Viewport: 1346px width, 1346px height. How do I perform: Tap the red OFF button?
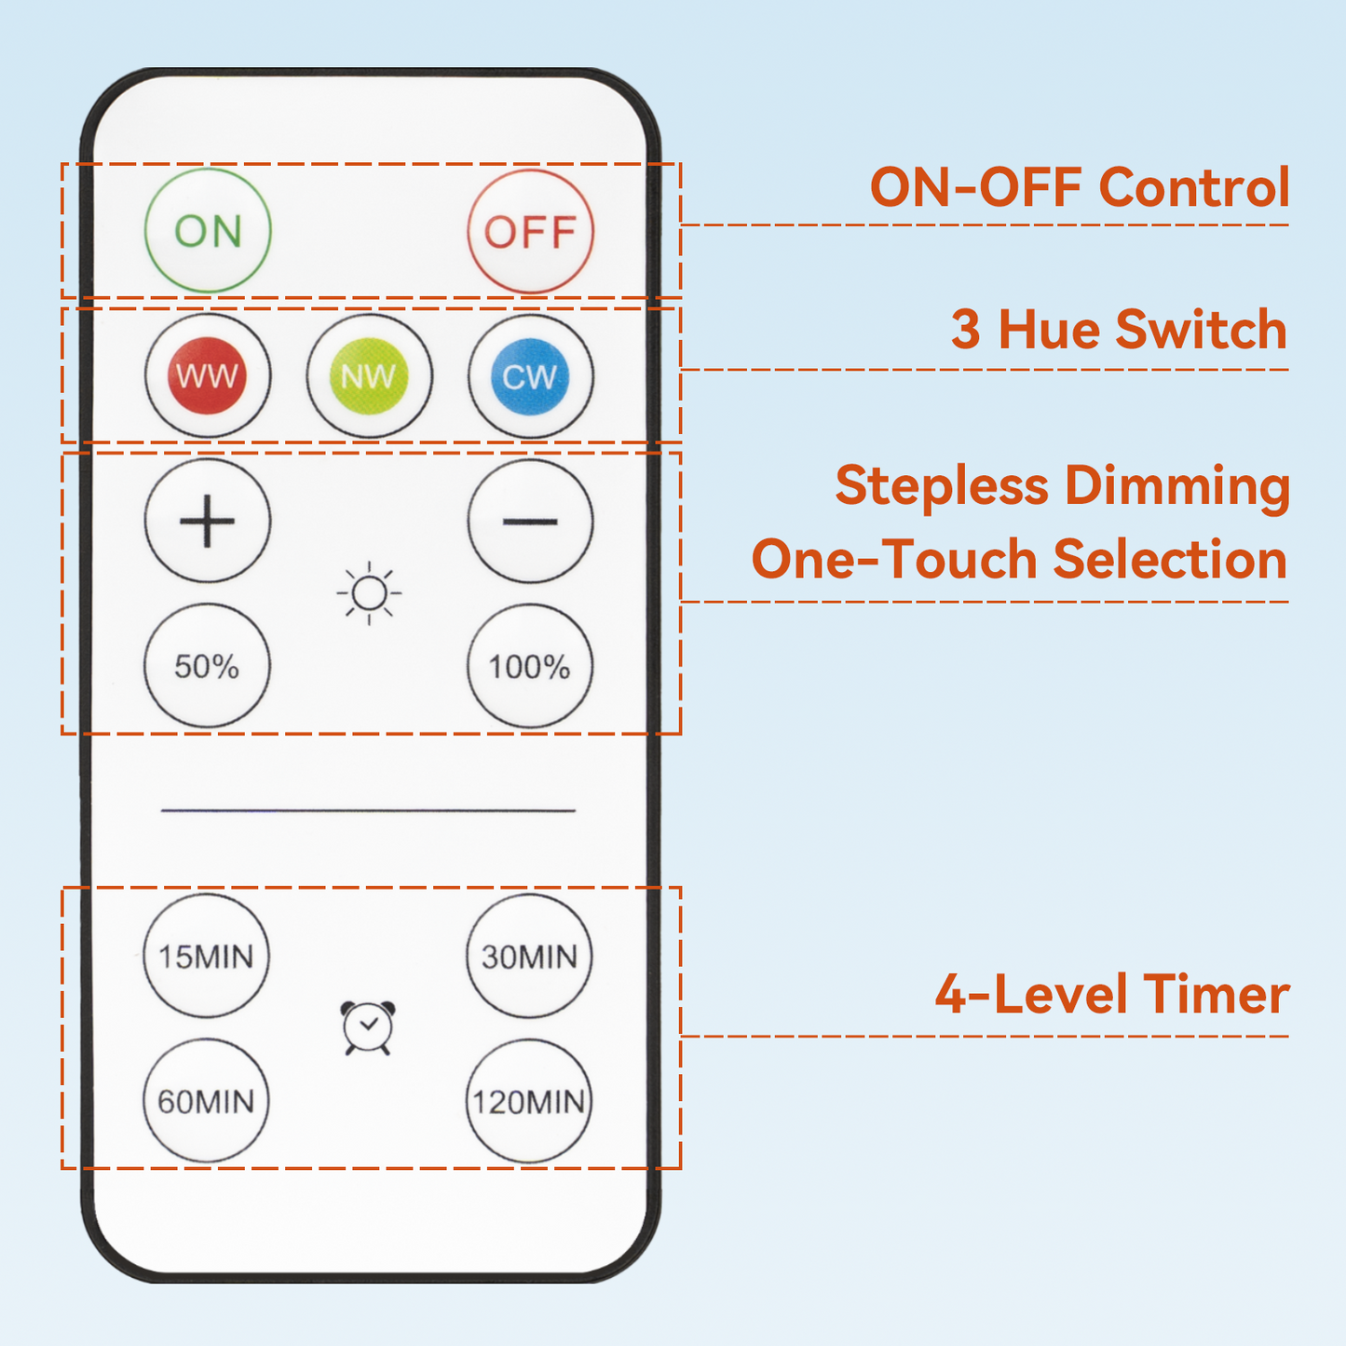pyautogui.click(x=530, y=231)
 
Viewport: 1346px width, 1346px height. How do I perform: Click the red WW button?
pyautogui.click(x=207, y=376)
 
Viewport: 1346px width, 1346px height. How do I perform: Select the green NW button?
pyautogui.click(x=369, y=376)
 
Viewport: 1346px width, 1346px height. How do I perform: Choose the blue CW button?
pyautogui.click(x=530, y=376)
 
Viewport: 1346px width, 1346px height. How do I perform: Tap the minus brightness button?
pyautogui.click(x=530, y=521)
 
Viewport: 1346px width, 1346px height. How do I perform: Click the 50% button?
pyautogui.click(x=207, y=666)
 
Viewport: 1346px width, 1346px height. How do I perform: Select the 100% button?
pyautogui.click(x=530, y=666)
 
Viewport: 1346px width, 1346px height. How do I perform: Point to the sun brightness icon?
pyautogui.click(x=369, y=593)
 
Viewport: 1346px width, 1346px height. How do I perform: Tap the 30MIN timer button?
pyautogui.click(x=529, y=957)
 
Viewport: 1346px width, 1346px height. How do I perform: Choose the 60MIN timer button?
pyautogui.click(x=206, y=1101)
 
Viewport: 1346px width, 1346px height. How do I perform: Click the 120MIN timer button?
pyautogui.click(x=529, y=1102)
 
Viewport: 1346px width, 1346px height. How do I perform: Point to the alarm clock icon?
pyautogui.click(x=368, y=1028)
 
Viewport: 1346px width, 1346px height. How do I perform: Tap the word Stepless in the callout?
pyautogui.click(x=942, y=486)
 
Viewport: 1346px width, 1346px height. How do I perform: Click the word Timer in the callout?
pyautogui.click(x=1216, y=994)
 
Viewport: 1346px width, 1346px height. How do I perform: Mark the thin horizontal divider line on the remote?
pyautogui.click(x=368, y=810)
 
